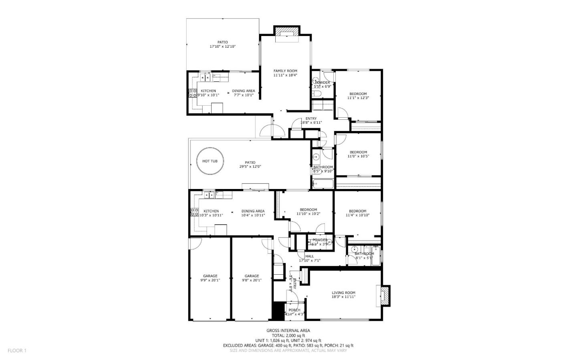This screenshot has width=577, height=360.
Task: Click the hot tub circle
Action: (210, 161)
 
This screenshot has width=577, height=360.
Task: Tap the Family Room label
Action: (285, 71)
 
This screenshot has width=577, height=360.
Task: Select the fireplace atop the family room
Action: (286, 34)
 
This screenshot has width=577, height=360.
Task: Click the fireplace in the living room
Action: (385, 296)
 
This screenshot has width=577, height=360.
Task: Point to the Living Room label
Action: (343, 293)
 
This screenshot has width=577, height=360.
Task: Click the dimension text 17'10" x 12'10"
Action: (222, 47)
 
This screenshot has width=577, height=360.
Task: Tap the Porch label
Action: (294, 310)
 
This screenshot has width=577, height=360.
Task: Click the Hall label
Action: (309, 256)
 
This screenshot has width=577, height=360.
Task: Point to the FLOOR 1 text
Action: (17, 350)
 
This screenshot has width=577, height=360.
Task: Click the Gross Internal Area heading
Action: (288, 330)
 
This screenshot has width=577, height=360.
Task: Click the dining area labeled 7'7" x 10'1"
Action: (243, 91)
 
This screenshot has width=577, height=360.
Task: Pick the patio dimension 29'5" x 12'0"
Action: (250, 167)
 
